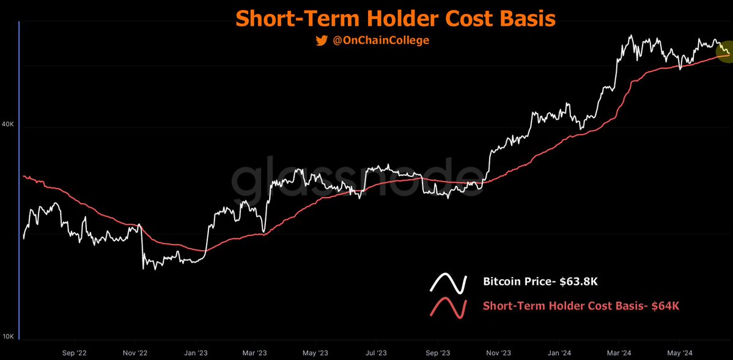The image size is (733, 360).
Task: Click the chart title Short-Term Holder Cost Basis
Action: [396, 18]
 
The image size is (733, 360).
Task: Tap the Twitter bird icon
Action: [322, 41]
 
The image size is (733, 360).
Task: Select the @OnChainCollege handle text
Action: [380, 41]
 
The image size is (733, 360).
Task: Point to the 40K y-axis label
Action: [8, 124]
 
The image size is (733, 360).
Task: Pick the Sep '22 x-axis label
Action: [74, 353]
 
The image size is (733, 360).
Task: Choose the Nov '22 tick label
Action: [135, 353]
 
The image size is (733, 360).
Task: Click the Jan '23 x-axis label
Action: [195, 353]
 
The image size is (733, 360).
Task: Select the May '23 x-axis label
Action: [315, 353]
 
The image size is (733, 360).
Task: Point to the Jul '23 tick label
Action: [376, 353]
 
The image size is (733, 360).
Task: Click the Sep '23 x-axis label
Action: [437, 353]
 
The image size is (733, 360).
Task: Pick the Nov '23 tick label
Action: [498, 353]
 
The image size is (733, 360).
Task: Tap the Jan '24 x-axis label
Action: [558, 353]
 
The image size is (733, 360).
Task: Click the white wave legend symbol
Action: [449, 282]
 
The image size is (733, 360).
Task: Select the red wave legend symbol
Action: [449, 307]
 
